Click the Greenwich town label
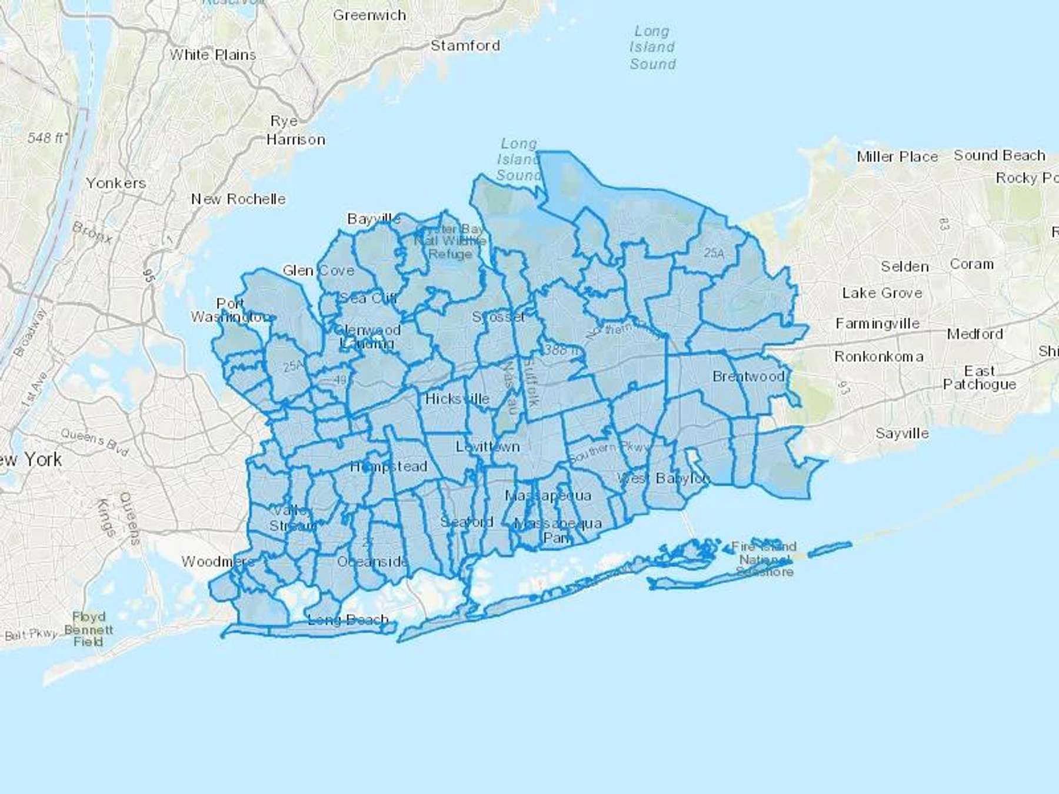[x=369, y=15]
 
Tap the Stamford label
[x=465, y=46]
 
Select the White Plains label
[x=213, y=55]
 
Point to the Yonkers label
[x=116, y=184]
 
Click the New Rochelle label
[x=238, y=199]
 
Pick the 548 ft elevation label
[x=47, y=138]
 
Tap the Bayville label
[x=374, y=219]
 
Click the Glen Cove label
[x=318, y=271]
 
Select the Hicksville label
[x=457, y=399]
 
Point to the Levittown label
[x=488, y=447]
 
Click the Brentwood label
[x=748, y=376]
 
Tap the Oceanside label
[x=372, y=562]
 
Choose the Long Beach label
[x=348, y=620]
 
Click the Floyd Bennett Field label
[x=88, y=629]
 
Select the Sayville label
[x=902, y=434]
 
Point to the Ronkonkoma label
[x=879, y=357]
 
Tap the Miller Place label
[x=897, y=157]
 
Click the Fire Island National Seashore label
[x=764, y=559]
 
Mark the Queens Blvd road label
[x=94, y=442]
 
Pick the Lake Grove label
[x=882, y=293]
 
